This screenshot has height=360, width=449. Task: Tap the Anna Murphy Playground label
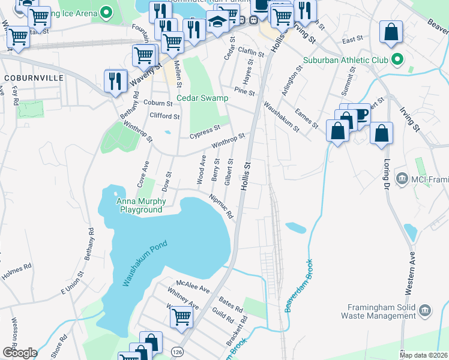tap(140, 206)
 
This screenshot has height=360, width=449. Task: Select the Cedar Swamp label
tap(202, 98)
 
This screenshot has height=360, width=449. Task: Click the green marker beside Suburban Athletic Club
tap(397, 60)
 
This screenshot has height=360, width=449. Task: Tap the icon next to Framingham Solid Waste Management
tap(425, 310)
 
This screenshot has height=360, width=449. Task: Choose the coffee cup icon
tap(361, 113)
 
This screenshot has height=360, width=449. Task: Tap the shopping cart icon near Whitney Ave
tap(181, 316)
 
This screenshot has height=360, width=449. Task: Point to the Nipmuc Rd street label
tap(220, 206)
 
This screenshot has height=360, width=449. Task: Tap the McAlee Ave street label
tap(193, 286)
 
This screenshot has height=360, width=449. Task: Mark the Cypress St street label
tap(205, 131)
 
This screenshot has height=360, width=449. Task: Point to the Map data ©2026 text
tap(423, 355)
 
